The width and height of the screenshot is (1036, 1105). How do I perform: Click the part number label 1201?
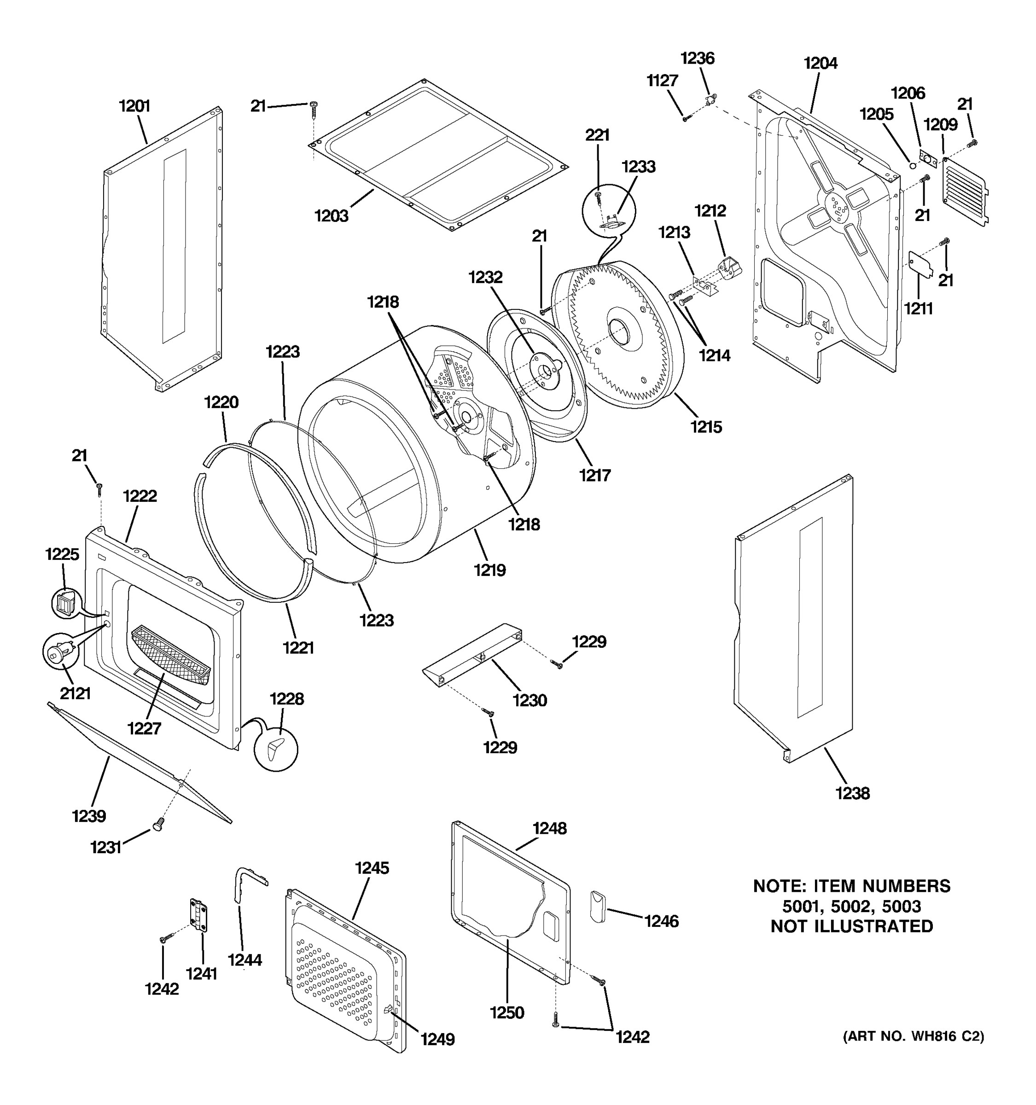[134, 105]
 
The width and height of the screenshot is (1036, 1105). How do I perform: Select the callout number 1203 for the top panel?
[331, 215]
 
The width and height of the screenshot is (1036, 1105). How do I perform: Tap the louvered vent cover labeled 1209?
[964, 189]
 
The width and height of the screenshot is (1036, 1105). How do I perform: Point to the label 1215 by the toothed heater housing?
[706, 426]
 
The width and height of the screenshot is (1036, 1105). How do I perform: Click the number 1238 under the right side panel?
[852, 793]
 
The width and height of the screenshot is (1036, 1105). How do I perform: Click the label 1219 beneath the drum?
[489, 570]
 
